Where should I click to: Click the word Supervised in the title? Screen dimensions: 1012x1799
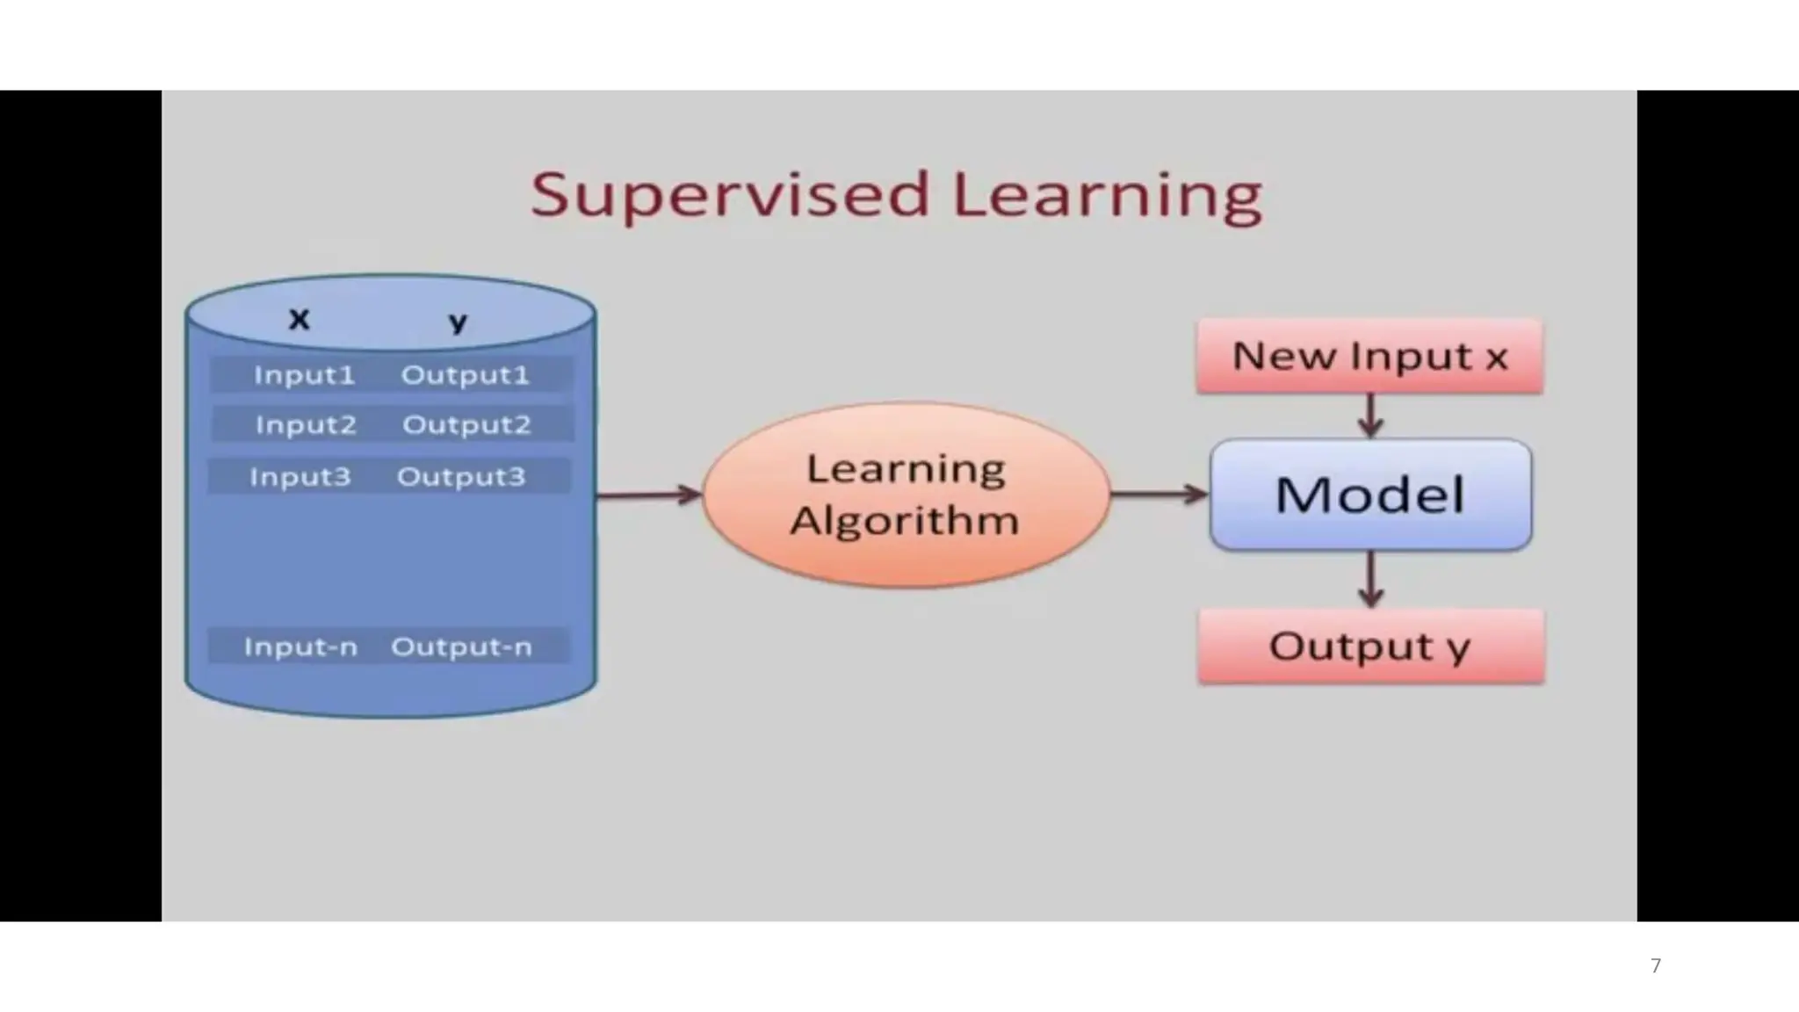(729, 195)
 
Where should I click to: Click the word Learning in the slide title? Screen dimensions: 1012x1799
(1107, 195)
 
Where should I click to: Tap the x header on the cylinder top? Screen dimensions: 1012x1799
(300, 319)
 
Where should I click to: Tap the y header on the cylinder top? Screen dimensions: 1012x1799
(457, 322)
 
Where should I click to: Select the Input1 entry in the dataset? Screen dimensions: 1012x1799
(304, 375)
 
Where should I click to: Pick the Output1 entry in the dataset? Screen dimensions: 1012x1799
(466, 375)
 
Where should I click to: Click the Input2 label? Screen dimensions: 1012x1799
(306, 425)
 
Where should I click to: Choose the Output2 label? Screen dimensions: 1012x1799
(466, 425)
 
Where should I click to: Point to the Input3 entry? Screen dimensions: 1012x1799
(300, 477)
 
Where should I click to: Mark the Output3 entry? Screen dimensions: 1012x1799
(461, 477)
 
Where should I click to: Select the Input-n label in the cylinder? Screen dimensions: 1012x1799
(300, 647)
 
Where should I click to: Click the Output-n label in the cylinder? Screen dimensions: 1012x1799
(461, 647)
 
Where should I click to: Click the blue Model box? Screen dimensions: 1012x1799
(1370, 495)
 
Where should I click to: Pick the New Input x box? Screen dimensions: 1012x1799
(1370, 357)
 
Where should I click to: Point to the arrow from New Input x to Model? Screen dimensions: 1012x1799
(1370, 416)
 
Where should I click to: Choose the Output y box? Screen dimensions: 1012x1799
(1370, 647)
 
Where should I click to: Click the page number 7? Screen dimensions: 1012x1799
(1656, 966)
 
